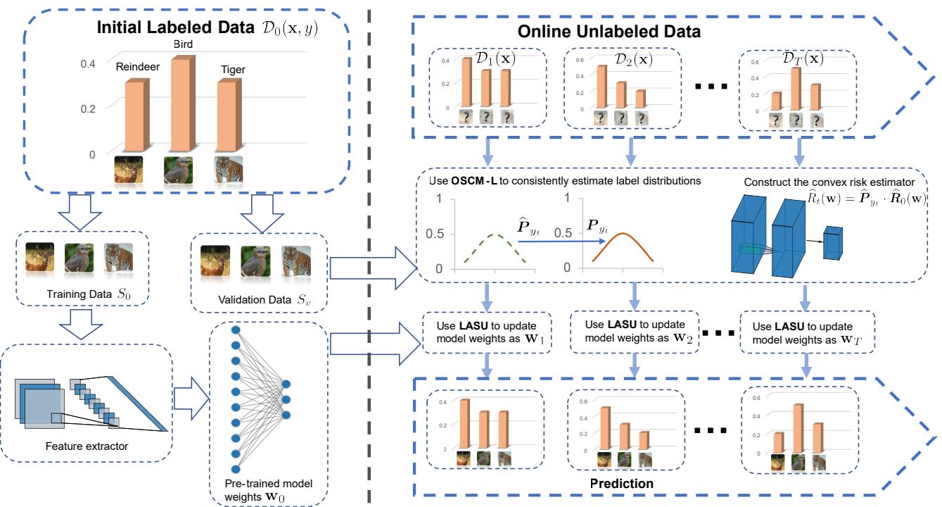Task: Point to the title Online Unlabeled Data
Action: [x=609, y=32]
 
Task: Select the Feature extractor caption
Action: [x=87, y=446]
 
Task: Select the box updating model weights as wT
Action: [x=807, y=332]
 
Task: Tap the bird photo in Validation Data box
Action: [x=257, y=259]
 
